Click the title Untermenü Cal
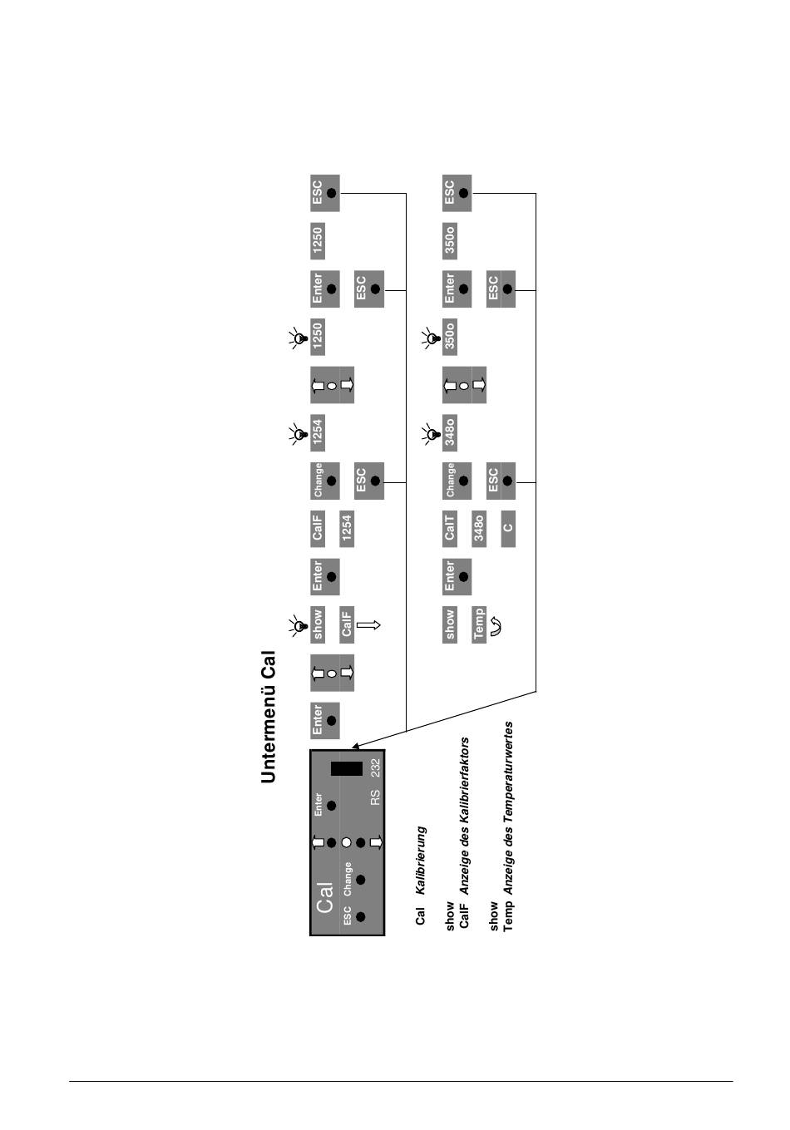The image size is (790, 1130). click(268, 717)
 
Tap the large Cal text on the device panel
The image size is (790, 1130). click(324, 897)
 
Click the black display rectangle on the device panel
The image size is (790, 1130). click(346, 768)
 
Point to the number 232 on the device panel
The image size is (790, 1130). click(375, 768)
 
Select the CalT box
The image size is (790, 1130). click(450, 528)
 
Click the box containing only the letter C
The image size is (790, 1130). click(508, 528)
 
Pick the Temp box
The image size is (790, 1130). click(478, 624)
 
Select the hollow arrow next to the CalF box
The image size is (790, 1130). click(368, 624)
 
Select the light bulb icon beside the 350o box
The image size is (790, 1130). click(430, 337)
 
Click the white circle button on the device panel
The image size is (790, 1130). click(346, 842)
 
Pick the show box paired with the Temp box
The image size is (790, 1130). click(450, 624)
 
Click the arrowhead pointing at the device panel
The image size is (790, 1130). click(355, 744)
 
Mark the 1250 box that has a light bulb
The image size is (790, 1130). click(317, 336)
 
